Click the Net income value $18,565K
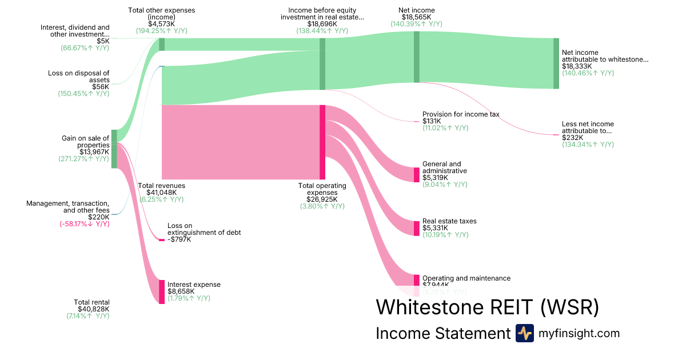point(416,17)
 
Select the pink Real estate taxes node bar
point(416,228)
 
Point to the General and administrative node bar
point(416,174)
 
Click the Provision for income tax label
point(460,114)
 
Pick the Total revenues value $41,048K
point(162,193)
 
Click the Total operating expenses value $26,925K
point(322,199)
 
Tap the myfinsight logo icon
point(524,333)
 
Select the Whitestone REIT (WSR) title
point(487,307)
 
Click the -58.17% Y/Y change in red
point(85,224)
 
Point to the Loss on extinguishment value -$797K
point(179,239)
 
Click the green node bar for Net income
point(416,57)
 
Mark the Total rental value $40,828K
point(93,309)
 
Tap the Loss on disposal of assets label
point(79,76)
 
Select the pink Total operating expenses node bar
point(322,142)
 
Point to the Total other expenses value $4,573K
point(162,24)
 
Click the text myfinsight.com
point(579,333)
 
